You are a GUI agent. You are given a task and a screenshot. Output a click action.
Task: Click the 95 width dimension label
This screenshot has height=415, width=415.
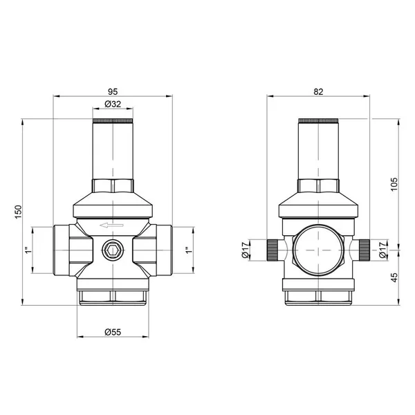[x=113, y=92]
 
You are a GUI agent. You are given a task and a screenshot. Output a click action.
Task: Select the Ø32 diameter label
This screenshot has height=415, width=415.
[x=113, y=104]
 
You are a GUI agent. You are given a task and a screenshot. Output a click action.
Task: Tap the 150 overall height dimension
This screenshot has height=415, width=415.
[x=18, y=212]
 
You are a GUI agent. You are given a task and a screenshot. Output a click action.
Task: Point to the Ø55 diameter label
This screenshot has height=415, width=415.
[x=113, y=332]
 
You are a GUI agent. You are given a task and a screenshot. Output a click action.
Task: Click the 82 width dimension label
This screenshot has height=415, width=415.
[x=318, y=92]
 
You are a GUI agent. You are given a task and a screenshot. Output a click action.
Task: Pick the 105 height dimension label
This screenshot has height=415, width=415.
[x=394, y=184]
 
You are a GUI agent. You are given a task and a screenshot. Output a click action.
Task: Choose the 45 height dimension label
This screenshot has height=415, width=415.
[x=394, y=277]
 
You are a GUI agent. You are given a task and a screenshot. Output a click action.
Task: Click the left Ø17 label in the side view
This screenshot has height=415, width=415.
[x=246, y=250]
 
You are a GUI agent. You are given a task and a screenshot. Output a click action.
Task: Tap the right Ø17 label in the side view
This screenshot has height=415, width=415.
[x=382, y=250]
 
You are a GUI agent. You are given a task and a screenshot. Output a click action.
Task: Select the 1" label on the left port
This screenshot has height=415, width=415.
[x=28, y=250]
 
